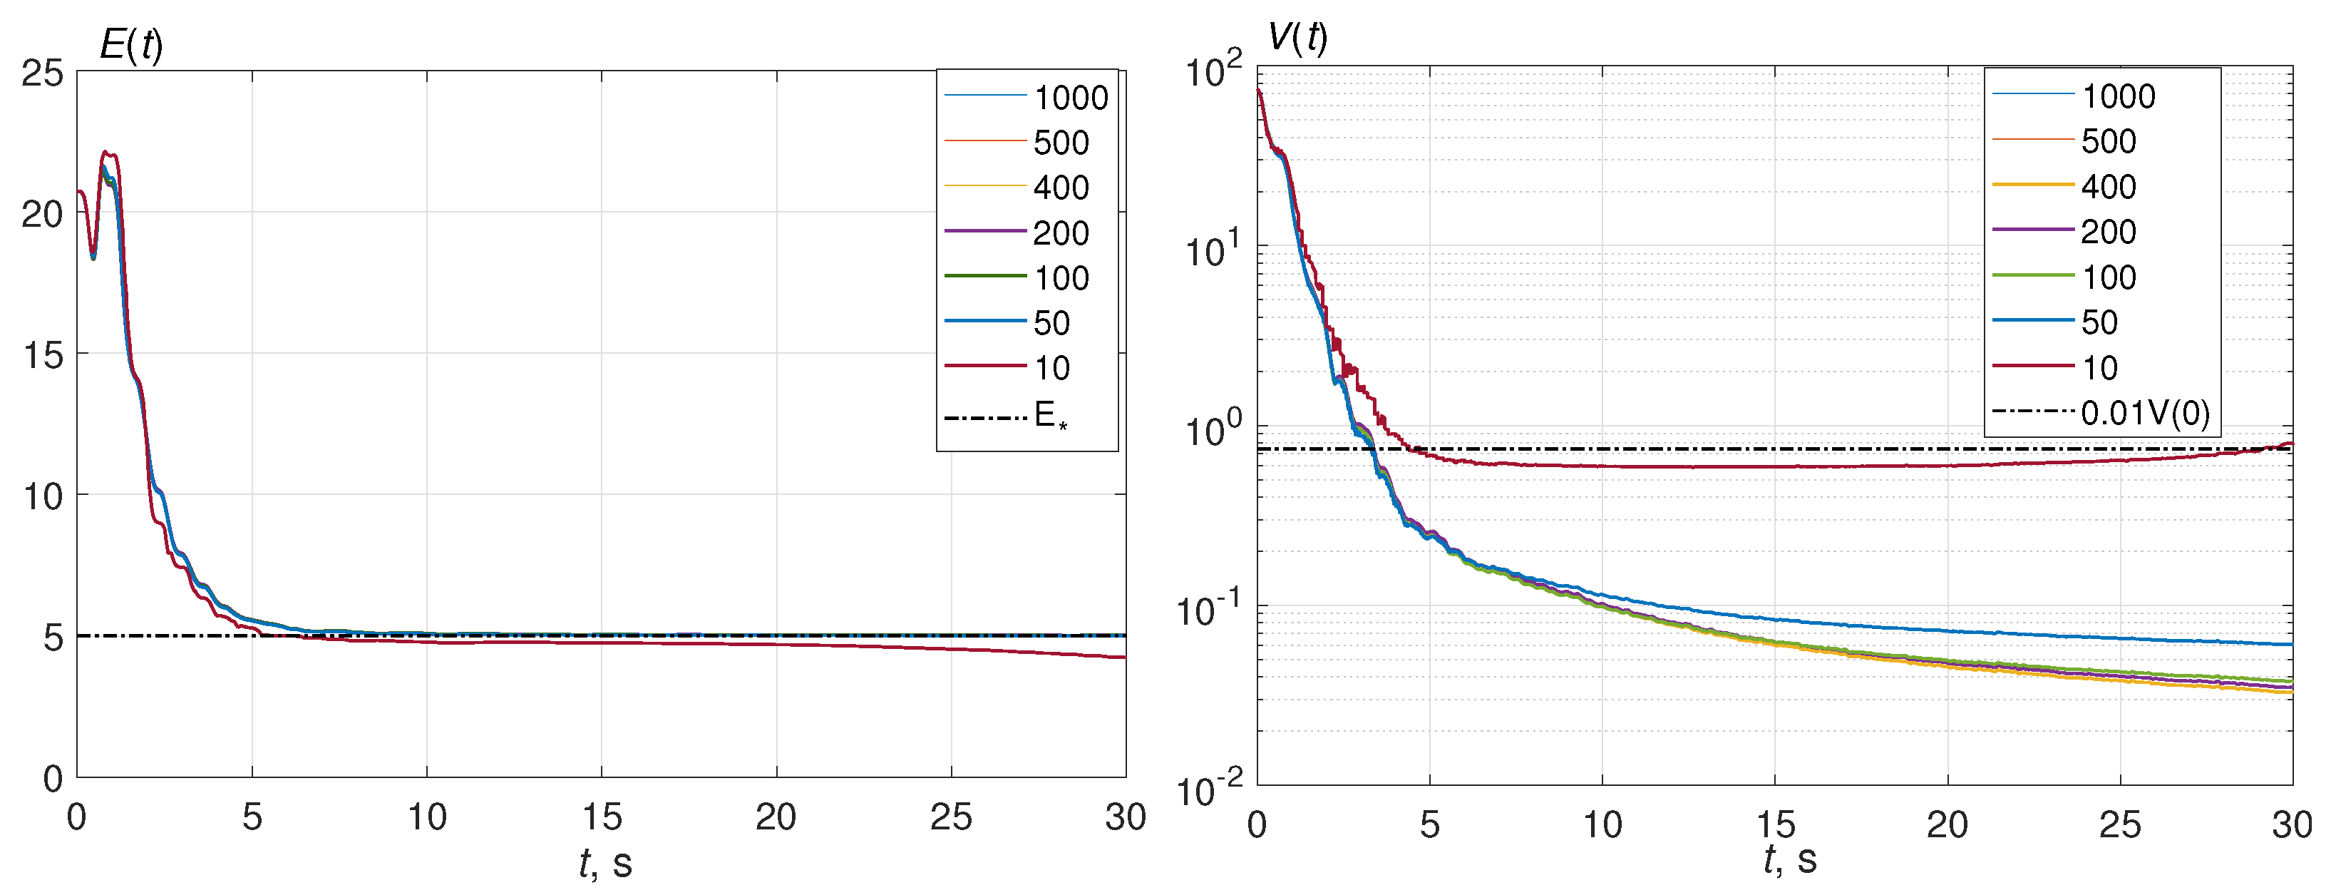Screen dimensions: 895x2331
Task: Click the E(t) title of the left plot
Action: (131, 44)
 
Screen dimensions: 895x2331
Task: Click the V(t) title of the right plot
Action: (1297, 37)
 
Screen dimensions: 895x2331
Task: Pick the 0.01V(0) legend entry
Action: (2145, 413)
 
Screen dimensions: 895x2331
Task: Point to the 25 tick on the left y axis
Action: (43, 73)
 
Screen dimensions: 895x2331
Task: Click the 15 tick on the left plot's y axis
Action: (43, 354)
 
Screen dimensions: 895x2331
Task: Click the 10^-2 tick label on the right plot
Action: (1209, 789)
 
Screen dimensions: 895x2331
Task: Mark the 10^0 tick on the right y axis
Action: (1213, 429)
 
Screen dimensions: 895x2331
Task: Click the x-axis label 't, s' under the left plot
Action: (604, 862)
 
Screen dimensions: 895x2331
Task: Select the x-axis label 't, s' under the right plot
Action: (1789, 859)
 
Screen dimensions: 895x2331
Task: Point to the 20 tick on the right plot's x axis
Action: (1947, 824)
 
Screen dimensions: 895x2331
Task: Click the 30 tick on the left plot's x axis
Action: (1125, 817)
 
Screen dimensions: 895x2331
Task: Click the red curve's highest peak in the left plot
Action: (106, 152)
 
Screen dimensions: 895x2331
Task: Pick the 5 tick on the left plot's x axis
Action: (252, 817)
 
